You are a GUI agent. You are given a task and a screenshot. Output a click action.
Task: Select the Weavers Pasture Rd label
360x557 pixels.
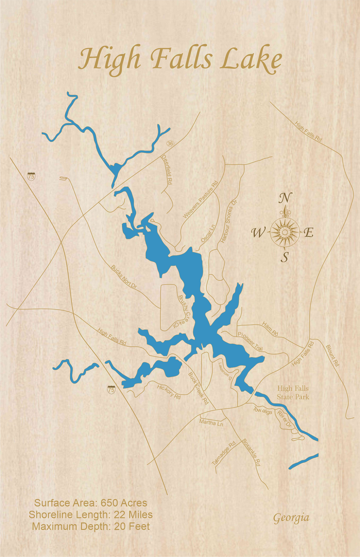pos(200,201)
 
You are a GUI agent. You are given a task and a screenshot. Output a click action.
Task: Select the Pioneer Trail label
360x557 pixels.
pos(250,341)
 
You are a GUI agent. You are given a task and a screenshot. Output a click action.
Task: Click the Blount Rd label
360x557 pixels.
pos(333,356)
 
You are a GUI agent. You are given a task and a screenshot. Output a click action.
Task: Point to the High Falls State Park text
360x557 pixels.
pos(293,393)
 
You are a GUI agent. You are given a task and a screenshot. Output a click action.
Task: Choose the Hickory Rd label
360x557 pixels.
pos(168,391)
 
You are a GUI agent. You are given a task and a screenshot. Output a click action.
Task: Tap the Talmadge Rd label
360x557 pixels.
pos(224,453)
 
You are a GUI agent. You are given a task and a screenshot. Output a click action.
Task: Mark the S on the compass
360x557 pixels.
pos(284,258)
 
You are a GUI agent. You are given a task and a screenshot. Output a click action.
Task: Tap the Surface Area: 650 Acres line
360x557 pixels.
pos(91,503)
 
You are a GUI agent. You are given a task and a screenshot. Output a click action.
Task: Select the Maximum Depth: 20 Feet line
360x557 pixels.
pos(91,526)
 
